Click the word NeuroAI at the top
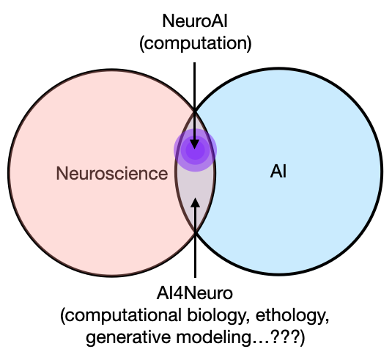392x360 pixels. [x=195, y=21]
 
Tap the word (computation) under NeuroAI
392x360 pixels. [x=195, y=43]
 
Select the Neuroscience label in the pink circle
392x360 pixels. [x=112, y=173]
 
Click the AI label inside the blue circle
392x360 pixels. [x=278, y=172]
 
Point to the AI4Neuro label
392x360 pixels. [x=194, y=293]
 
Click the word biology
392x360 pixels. [x=217, y=316]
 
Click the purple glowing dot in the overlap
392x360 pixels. [x=195, y=150]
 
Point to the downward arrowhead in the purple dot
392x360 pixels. [x=195, y=144]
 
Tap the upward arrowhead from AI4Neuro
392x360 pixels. [x=195, y=203]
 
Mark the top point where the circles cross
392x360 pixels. [x=195, y=110]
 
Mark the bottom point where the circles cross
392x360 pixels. [x=195, y=232]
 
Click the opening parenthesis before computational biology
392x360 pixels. [x=62, y=317]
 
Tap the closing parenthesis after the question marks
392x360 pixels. [x=303, y=338]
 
